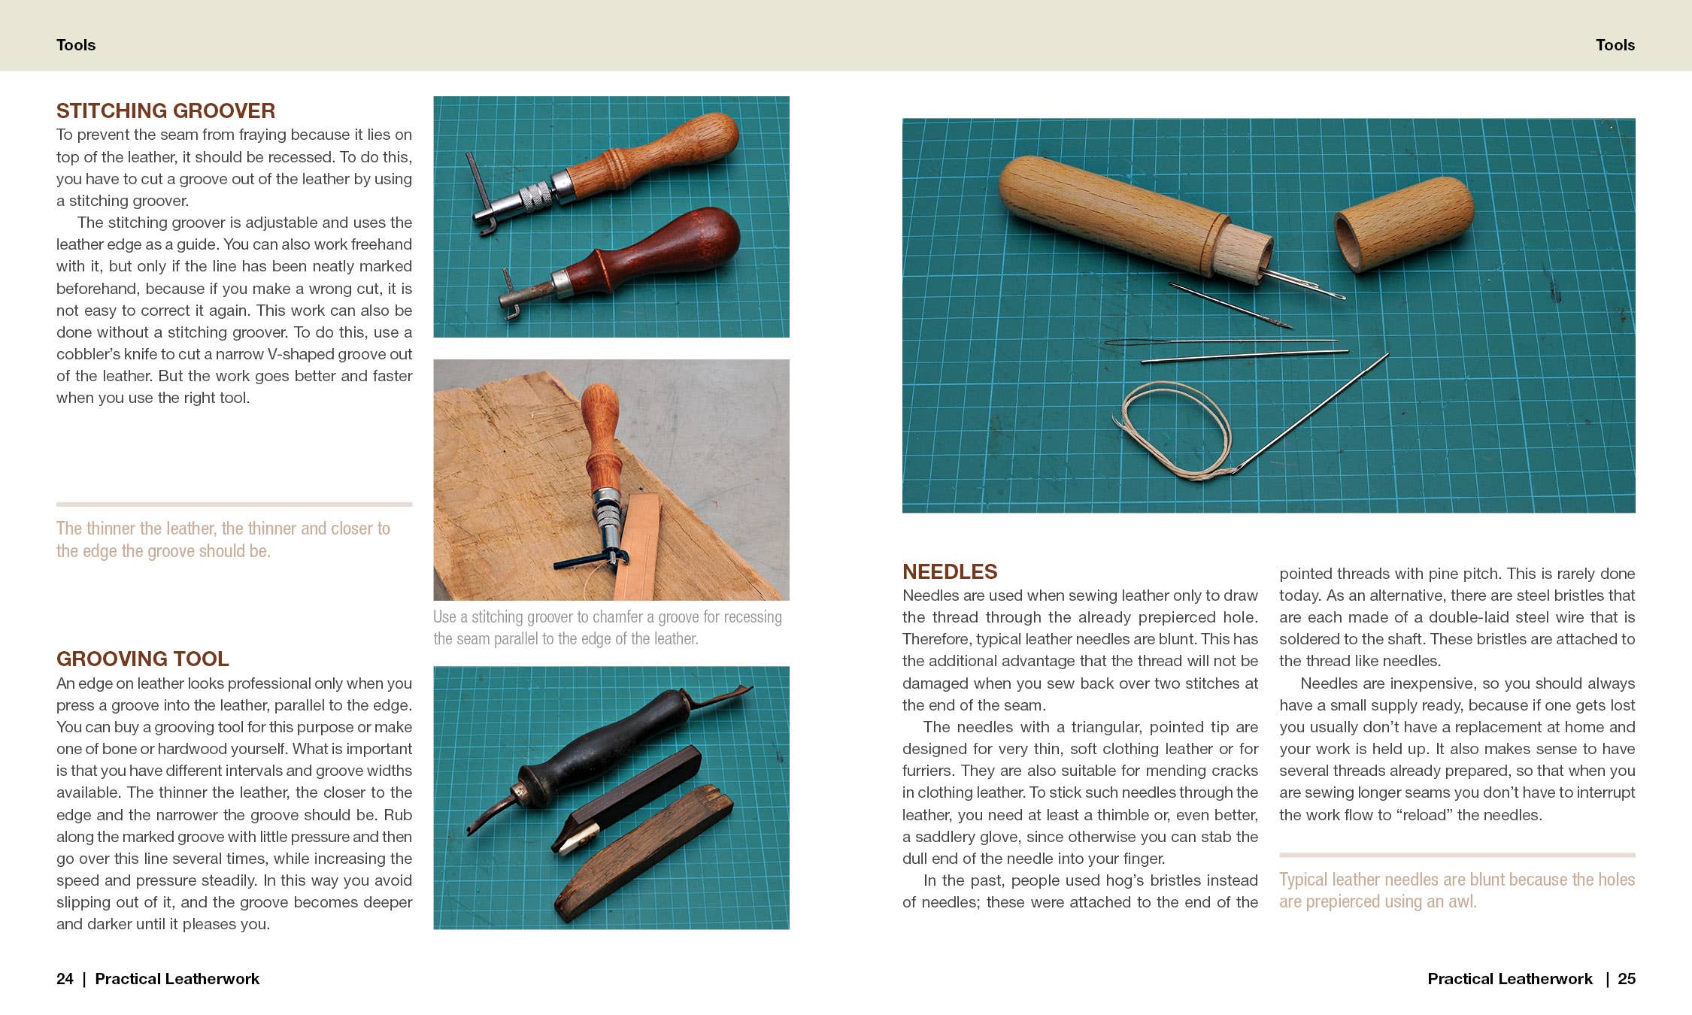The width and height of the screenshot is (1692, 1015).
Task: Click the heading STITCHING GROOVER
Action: pyautogui.click(x=165, y=111)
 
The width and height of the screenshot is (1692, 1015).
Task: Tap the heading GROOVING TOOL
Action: pyautogui.click(x=142, y=659)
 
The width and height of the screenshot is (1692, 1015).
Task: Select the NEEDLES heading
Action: pyautogui.click(x=949, y=571)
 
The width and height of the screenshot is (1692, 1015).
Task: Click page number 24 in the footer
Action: pyautogui.click(x=65, y=978)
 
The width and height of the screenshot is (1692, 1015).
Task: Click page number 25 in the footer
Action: pyautogui.click(x=1626, y=978)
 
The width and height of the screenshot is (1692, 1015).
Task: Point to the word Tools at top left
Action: pyautogui.click(x=76, y=45)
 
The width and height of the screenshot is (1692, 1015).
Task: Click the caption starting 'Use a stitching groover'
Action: pyautogui.click(x=607, y=627)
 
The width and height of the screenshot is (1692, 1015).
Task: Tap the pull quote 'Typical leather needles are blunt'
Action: pyautogui.click(x=1456, y=890)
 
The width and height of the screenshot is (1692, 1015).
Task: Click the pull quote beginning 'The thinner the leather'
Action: pyautogui.click(x=223, y=539)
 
